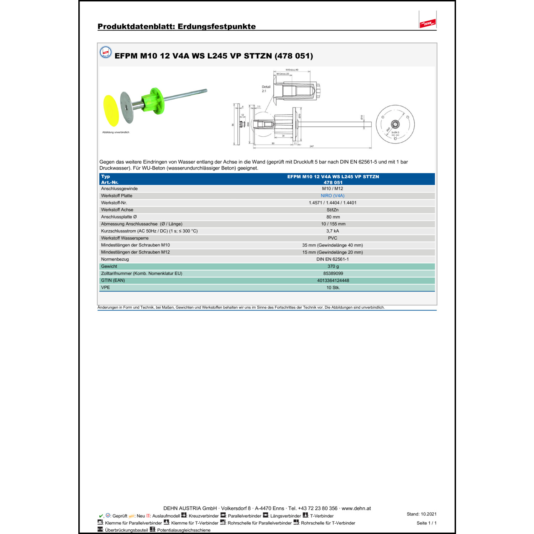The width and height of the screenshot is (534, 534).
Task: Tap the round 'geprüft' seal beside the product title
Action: click(106, 52)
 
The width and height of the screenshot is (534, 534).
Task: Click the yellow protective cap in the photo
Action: click(111, 110)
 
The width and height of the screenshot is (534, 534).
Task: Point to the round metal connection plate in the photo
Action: click(126, 107)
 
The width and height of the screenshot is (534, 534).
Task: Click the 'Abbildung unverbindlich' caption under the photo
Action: click(116, 132)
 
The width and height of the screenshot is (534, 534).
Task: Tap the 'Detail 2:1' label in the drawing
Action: click(266, 89)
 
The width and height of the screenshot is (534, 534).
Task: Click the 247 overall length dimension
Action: click(311, 146)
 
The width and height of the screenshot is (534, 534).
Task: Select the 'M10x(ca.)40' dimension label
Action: click(292, 70)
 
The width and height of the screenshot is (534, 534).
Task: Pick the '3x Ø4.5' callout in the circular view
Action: click(396, 132)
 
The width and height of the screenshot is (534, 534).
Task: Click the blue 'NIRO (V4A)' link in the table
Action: click(333, 196)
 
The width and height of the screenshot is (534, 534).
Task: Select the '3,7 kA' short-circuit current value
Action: click(333, 231)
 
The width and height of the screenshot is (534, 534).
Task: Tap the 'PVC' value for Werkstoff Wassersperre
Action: click(333, 238)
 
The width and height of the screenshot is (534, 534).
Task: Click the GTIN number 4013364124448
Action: click(333, 281)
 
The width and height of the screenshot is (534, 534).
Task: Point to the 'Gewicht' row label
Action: click(109, 266)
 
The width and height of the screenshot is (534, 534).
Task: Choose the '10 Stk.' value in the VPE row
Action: click(333, 288)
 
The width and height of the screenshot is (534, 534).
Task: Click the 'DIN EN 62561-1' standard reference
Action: click(333, 259)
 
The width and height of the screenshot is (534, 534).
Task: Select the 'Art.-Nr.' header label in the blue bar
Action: click(110, 182)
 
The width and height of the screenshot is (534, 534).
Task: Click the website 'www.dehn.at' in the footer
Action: click(356, 508)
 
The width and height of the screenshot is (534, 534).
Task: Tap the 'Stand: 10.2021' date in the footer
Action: click(422, 514)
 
